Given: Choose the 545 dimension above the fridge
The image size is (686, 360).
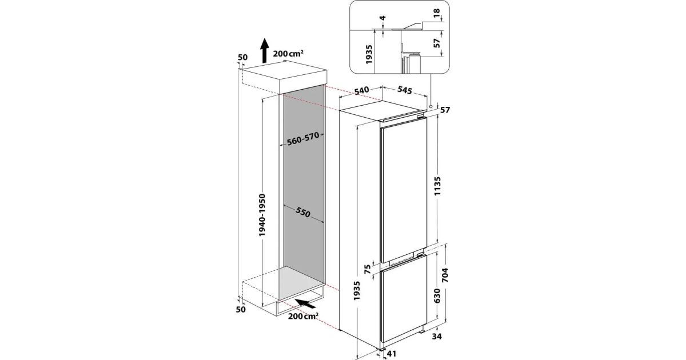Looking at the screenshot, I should (405, 90).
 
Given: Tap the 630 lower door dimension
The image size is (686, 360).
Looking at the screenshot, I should (437, 296).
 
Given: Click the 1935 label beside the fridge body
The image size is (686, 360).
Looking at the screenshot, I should (356, 291).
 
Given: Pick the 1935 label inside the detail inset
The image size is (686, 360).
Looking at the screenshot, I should (369, 55).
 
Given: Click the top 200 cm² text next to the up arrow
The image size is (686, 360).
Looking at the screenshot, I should (288, 53).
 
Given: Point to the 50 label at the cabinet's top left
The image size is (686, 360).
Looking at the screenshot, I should (242, 58).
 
